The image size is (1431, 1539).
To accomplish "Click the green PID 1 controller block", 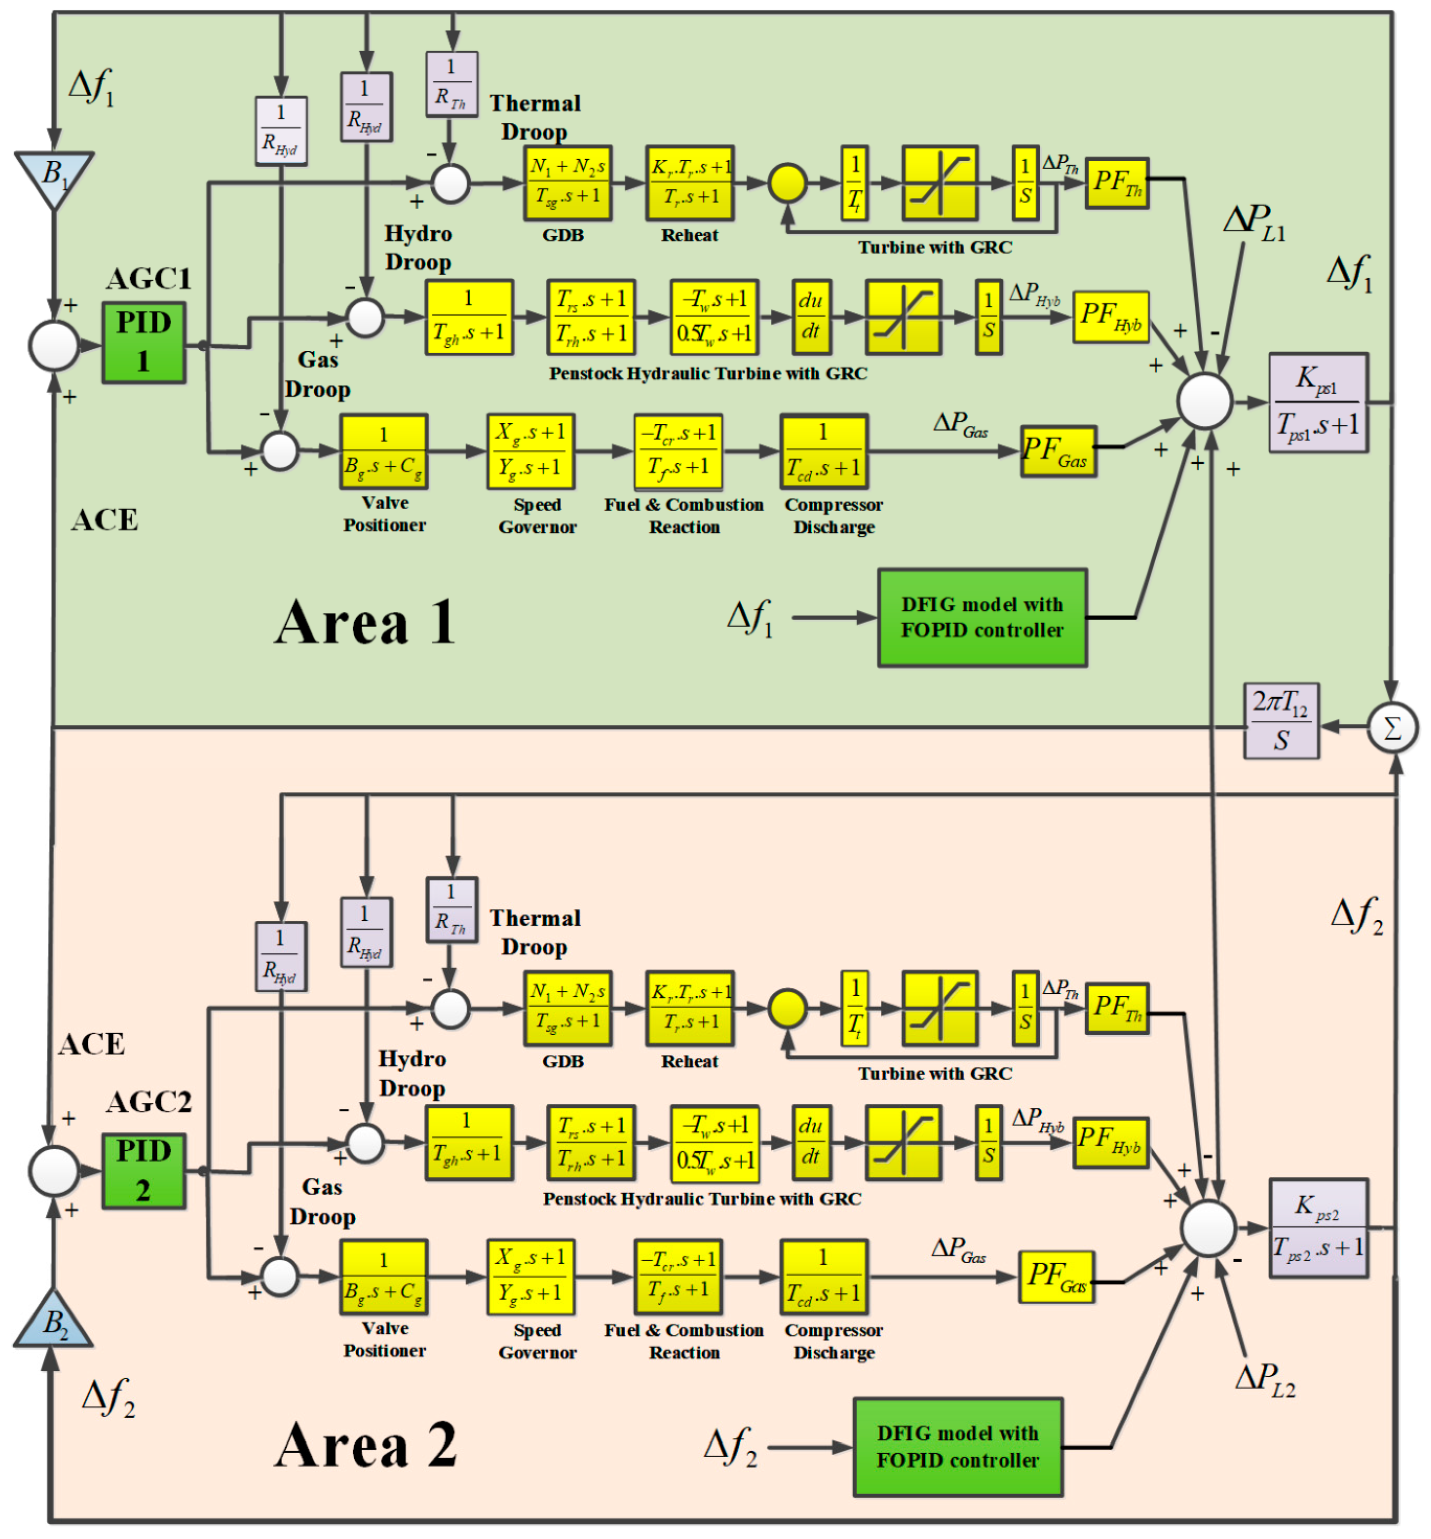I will coord(143,343).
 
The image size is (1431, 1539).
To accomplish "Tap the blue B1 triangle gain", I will coord(54,175).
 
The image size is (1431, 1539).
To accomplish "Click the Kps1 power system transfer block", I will coord(1318,402).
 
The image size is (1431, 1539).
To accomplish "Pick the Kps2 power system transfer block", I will coord(1318,1228).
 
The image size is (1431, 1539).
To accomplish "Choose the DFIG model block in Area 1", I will coord(982,618).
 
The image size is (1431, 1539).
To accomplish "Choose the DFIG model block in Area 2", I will coord(958,1447).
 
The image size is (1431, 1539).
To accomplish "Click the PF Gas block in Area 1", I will coord(1058,451).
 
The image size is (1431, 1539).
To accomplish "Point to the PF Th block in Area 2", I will coord(1116,1009).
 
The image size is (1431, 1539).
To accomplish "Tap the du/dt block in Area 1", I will coord(811,317).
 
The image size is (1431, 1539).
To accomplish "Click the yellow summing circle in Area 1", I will coord(787,184).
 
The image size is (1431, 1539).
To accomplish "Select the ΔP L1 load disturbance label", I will coord(1254,222).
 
